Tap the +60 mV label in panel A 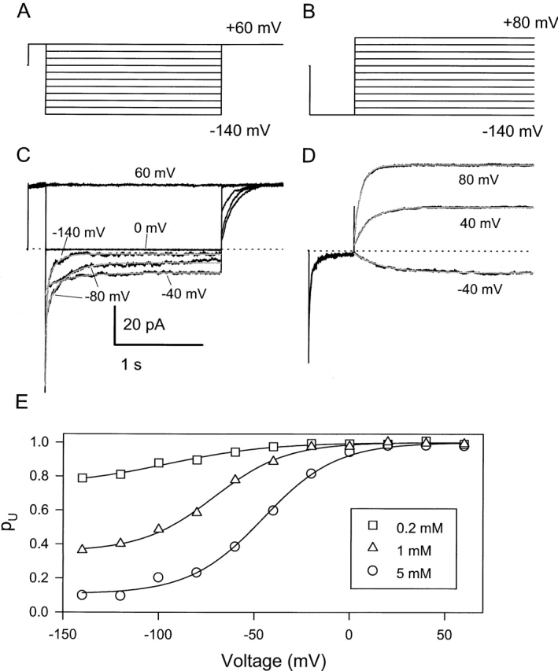tap(253, 30)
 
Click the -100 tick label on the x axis tap(158, 625)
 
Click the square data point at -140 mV tap(82, 477)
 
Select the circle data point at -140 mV tap(82, 595)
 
